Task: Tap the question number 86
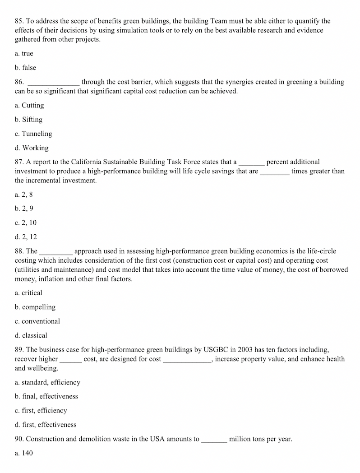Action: (19, 82)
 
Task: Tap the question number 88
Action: (19, 251)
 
